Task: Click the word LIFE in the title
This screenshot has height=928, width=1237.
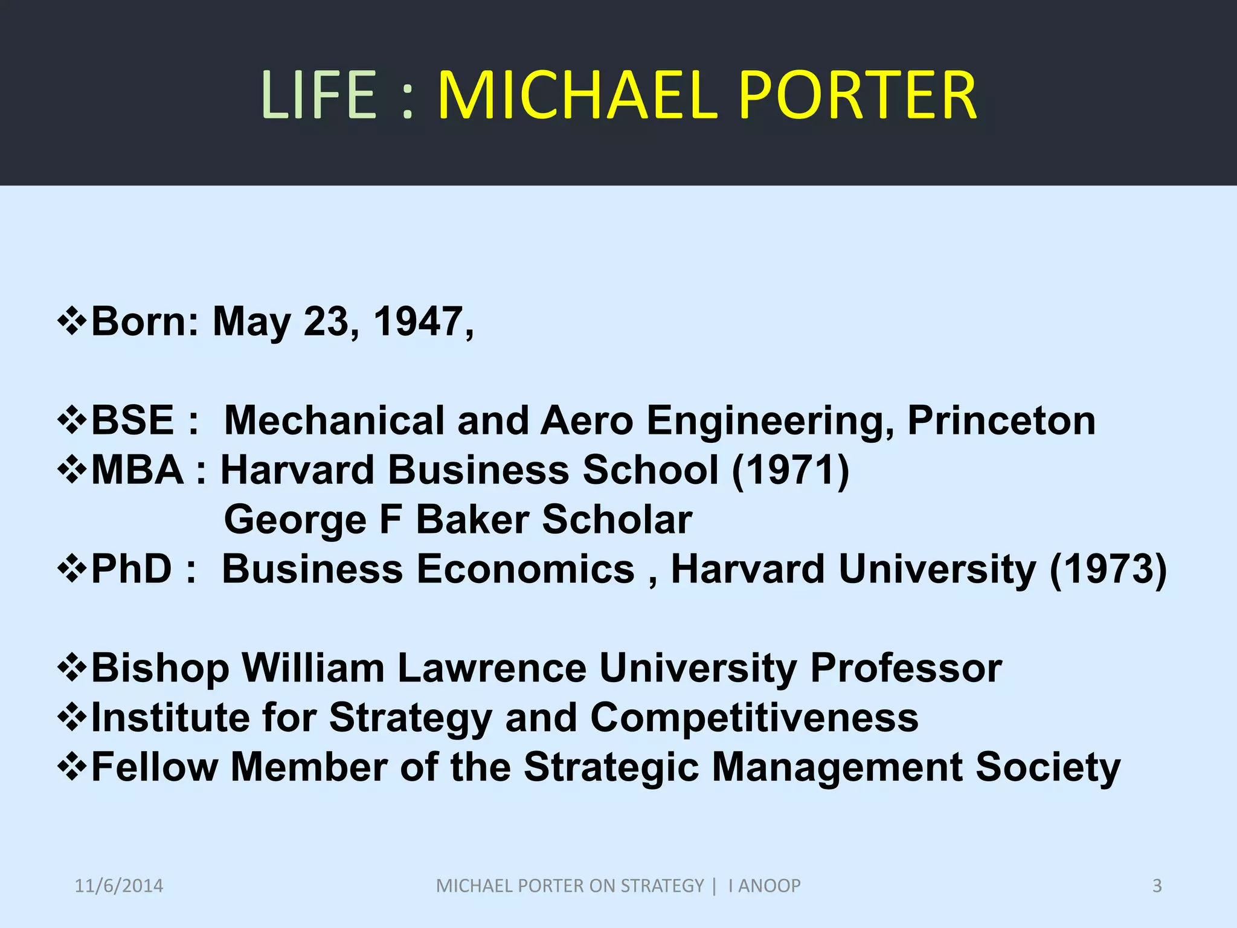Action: (320, 95)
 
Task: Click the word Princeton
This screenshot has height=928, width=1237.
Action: (1001, 420)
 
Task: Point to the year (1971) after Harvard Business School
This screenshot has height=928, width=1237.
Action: (790, 470)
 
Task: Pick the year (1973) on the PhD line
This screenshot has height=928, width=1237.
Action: (1108, 569)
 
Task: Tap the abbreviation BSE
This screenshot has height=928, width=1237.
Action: (132, 420)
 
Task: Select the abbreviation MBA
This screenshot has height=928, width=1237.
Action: (137, 470)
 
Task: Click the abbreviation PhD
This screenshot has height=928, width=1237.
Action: (132, 569)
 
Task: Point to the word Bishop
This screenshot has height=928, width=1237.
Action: (160, 668)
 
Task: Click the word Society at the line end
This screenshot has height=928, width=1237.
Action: (1047, 767)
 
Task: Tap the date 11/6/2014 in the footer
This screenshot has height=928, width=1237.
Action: (119, 886)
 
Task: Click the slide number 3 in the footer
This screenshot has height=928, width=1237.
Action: (1157, 886)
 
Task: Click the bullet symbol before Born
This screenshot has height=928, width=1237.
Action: (72, 320)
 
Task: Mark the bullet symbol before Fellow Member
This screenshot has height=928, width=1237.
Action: (72, 766)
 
